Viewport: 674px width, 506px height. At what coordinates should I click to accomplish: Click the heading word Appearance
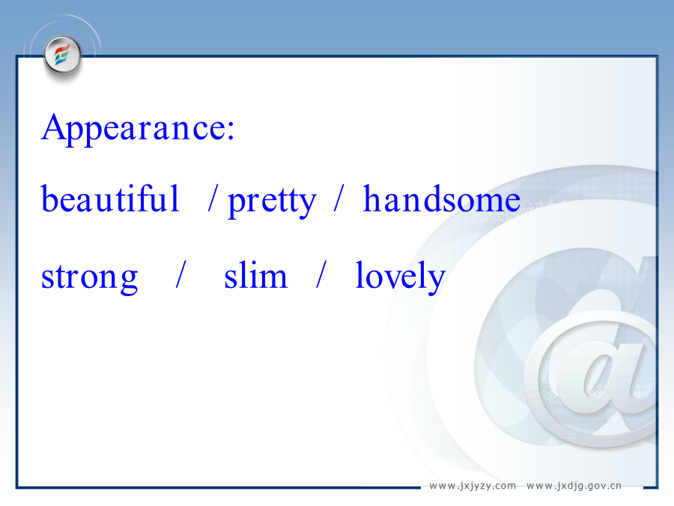(133, 127)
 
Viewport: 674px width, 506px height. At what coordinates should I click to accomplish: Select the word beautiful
(110, 199)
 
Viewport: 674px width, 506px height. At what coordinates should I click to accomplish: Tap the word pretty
(272, 202)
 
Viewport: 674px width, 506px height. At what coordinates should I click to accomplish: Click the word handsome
(442, 199)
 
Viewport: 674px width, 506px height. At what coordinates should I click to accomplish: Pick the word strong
(89, 277)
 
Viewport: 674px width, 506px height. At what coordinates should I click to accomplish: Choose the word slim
(256, 274)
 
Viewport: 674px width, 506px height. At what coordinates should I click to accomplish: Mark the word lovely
(400, 277)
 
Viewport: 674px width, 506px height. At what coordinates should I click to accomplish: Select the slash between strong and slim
(181, 274)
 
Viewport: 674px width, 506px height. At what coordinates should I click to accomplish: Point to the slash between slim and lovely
(321, 274)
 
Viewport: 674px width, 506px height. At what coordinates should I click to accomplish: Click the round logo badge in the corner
(63, 55)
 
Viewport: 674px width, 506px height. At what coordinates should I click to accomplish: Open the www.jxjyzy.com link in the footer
(473, 486)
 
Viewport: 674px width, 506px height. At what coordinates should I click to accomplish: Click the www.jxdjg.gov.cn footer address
(574, 486)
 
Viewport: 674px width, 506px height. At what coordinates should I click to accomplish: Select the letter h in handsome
(373, 198)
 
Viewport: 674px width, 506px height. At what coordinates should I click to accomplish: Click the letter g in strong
(127, 281)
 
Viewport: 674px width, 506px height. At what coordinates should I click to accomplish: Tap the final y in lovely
(435, 282)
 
